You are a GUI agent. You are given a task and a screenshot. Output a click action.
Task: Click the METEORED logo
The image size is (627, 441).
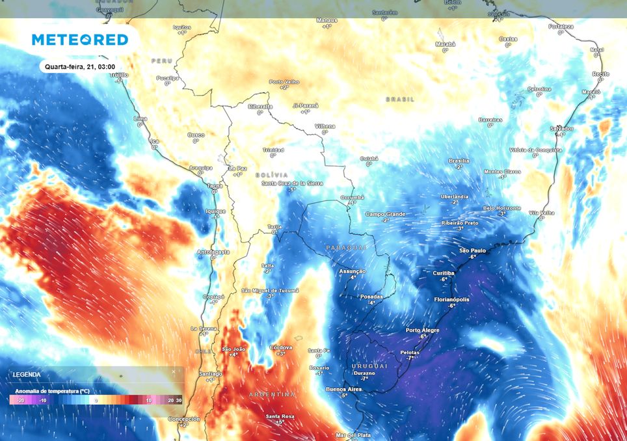(80, 40)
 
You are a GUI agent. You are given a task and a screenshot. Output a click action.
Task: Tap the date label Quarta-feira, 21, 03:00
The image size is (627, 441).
(80, 66)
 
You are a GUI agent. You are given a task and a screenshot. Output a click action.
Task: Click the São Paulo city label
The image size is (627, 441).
(473, 250)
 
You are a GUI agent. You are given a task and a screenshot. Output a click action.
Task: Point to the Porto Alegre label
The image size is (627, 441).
(422, 330)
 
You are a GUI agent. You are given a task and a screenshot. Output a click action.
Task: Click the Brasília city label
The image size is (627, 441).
(459, 161)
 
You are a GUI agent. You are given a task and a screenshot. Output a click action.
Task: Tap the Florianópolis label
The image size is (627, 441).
(451, 299)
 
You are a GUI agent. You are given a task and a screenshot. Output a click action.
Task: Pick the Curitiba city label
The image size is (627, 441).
(444, 273)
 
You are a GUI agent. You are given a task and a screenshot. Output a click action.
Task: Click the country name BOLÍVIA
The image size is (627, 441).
(271, 175)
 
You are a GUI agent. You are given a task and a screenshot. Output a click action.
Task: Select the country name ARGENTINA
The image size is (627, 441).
(272, 395)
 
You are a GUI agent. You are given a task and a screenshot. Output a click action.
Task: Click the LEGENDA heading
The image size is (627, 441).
(26, 375)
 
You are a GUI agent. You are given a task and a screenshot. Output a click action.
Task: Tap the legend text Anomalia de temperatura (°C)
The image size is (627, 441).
(49, 390)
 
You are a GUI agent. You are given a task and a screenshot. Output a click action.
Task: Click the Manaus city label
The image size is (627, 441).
(327, 20)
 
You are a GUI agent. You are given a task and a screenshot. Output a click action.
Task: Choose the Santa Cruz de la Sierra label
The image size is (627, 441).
(292, 183)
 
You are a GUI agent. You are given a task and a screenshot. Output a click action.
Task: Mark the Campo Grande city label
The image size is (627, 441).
(385, 214)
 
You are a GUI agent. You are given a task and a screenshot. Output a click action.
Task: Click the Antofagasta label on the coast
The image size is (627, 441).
(213, 252)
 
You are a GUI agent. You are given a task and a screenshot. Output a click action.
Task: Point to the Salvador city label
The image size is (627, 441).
(561, 128)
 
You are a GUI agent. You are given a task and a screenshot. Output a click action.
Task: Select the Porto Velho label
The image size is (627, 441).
(284, 82)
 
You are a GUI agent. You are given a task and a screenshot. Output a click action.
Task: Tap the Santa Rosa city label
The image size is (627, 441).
(280, 416)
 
